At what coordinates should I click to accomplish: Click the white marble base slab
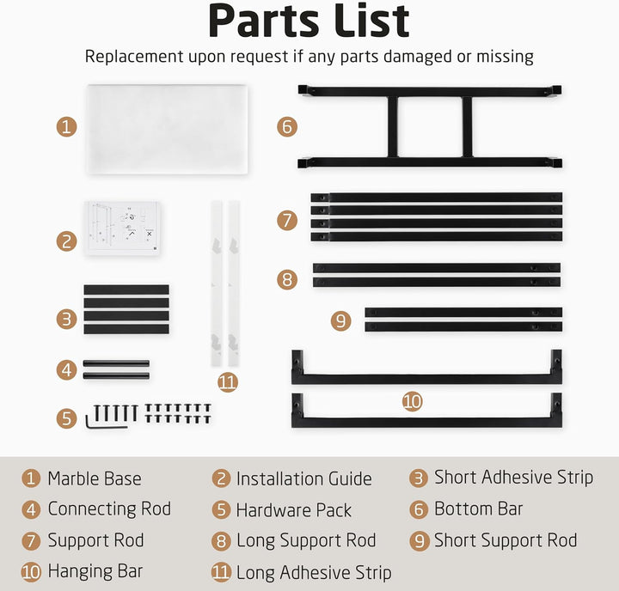point(167,129)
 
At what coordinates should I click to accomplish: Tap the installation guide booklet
point(122,228)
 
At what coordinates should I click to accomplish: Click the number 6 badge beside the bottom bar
point(287,127)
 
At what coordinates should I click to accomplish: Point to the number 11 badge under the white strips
point(228,382)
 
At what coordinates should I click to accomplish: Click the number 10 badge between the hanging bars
point(412,402)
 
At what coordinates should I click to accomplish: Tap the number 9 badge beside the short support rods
point(340,320)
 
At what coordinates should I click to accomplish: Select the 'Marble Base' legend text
point(95,478)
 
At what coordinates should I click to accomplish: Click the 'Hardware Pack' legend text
point(294,510)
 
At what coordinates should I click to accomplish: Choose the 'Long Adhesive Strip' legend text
point(314,572)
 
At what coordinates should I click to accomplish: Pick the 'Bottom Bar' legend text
point(479,509)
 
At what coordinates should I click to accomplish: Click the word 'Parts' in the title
point(263,21)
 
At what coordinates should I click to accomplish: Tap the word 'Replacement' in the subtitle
point(134,57)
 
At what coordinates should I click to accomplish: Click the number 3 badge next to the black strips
point(66,319)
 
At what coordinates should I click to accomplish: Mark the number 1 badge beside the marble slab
point(66,127)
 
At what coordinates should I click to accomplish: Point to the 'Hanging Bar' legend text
point(95,571)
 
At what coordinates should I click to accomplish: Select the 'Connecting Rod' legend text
point(109,509)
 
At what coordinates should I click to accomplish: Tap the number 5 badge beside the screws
point(66,418)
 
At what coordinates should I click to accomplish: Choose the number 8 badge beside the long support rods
point(287,279)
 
